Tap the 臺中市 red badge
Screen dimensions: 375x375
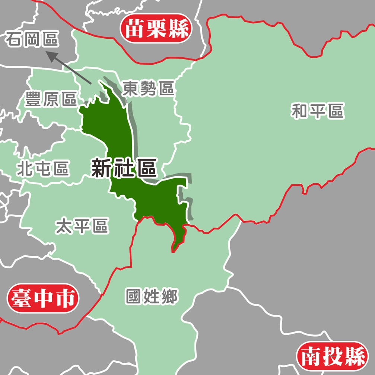point(43,298)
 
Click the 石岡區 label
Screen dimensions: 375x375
point(32,40)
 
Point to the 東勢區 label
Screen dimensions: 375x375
point(149,89)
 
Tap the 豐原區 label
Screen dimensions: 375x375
point(51,99)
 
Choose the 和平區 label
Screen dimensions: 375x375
point(317,111)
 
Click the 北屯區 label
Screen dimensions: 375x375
point(43,169)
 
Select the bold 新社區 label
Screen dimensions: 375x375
point(123,168)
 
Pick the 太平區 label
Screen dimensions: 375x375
point(82,226)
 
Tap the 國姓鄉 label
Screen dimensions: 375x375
point(152,297)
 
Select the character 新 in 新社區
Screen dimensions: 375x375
point(101,168)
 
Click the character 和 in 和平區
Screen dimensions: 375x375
point(300,111)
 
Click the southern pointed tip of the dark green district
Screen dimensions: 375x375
point(173,251)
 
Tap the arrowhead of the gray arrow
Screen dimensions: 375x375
point(51,56)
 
